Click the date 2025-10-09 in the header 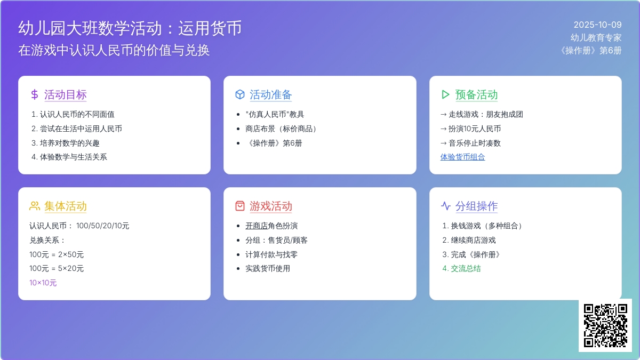(x=597, y=25)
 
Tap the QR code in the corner (x=605, y=325)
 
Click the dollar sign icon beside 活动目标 (x=35, y=94)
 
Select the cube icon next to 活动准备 (x=239, y=94)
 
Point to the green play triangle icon (x=445, y=94)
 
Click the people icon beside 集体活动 (x=35, y=206)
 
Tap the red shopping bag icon (x=239, y=206)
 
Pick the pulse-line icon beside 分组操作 (x=445, y=206)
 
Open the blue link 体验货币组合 (x=462, y=157)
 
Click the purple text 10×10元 (x=43, y=283)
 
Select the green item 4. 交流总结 (x=461, y=269)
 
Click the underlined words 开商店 (x=257, y=226)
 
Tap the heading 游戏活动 (x=270, y=206)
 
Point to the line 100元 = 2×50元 (x=57, y=254)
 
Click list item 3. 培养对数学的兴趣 (x=65, y=143)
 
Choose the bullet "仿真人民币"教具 (x=275, y=114)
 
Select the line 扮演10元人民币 (x=474, y=129)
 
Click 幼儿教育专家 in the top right (x=596, y=37)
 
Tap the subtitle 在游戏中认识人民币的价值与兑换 (x=114, y=50)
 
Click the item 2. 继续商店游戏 (x=469, y=240)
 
